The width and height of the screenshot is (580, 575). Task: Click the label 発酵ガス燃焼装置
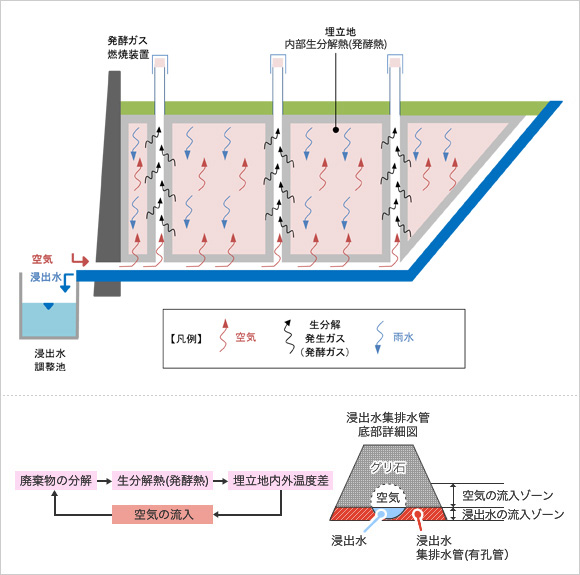(128, 47)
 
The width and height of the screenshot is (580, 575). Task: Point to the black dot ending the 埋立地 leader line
(335, 130)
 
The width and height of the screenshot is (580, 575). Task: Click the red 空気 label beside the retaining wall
(42, 259)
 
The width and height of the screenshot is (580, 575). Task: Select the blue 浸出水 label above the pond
(46, 277)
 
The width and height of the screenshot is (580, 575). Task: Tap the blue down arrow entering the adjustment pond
(67, 283)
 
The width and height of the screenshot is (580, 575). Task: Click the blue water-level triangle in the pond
(48, 306)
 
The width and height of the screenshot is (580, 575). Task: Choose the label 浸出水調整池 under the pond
(50, 360)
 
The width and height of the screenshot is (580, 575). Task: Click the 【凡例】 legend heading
(186, 338)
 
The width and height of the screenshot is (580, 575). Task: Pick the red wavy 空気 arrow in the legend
(223, 335)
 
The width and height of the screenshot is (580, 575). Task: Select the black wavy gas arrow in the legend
(288, 336)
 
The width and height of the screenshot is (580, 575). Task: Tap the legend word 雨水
(403, 337)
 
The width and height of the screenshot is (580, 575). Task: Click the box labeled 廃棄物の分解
(56, 480)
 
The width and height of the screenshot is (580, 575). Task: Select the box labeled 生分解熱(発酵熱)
(162, 480)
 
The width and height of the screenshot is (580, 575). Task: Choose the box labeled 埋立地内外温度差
(281, 480)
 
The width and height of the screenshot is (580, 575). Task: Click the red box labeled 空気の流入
(162, 514)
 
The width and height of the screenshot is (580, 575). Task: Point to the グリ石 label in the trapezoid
(388, 468)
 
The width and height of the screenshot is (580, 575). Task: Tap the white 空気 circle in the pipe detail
(388, 498)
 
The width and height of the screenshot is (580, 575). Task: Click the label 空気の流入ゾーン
(508, 495)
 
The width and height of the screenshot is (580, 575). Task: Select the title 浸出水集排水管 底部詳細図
(388, 424)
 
